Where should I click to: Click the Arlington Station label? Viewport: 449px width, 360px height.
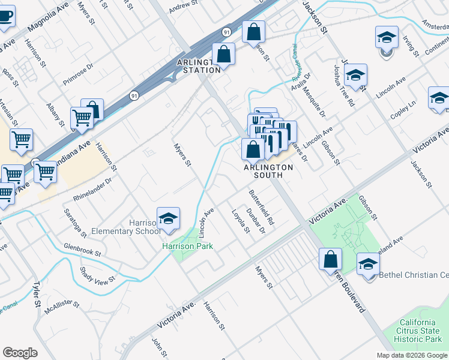[198, 66]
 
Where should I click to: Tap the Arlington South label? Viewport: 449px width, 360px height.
[268, 167]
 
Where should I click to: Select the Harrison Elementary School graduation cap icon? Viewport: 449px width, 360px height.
[169, 219]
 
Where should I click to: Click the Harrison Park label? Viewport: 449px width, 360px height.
[187, 246]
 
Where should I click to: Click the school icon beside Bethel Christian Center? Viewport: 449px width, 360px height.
[368, 264]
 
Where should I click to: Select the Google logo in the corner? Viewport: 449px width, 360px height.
[20, 353]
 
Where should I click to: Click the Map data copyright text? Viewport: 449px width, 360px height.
[412, 355]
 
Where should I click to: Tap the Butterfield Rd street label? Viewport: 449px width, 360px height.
[261, 208]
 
